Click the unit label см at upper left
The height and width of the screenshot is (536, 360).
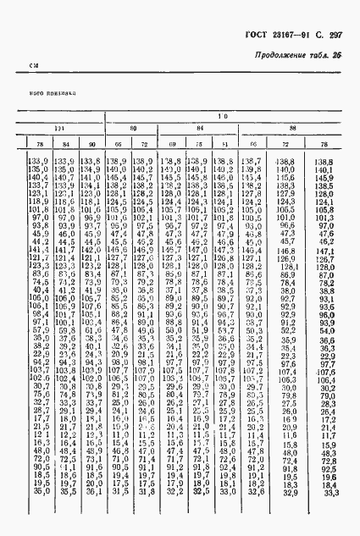[x=35, y=65]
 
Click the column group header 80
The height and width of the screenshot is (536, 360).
[x=133, y=129]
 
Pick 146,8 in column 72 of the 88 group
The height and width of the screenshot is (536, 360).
[x=289, y=251]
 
